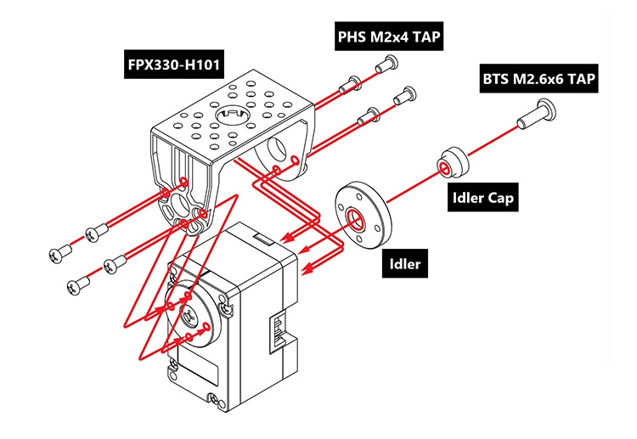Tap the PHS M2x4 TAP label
389,37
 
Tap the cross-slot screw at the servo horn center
189,318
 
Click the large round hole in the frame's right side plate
275,152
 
